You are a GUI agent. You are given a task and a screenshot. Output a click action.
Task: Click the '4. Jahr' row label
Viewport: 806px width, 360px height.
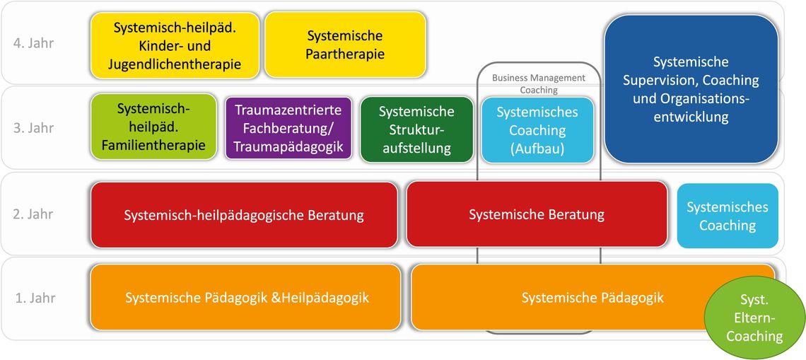pyautogui.click(x=33, y=43)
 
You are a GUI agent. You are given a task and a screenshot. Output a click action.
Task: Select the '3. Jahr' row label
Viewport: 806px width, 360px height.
pyautogui.click(x=33, y=127)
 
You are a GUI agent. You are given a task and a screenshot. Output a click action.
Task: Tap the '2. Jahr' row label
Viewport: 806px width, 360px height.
pyautogui.click(x=33, y=214)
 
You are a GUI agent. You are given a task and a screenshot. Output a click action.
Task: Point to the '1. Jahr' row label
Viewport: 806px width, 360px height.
pyautogui.click(x=33, y=298)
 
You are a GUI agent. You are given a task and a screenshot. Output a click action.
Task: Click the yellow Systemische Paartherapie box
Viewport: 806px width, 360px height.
pyautogui.click(x=346, y=45)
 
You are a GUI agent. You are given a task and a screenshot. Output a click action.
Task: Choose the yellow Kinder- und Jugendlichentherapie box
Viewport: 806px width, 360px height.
pyautogui.click(x=175, y=46)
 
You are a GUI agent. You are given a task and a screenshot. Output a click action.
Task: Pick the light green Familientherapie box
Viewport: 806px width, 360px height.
pyautogui.click(x=153, y=127)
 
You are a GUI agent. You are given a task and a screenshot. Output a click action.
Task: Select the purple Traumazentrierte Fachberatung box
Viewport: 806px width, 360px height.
pyautogui.click(x=288, y=128)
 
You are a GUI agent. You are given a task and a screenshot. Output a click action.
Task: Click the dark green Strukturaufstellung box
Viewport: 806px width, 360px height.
pyautogui.click(x=417, y=129)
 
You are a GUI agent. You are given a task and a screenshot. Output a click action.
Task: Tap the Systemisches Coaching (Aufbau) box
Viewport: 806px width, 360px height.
pyautogui.click(x=537, y=129)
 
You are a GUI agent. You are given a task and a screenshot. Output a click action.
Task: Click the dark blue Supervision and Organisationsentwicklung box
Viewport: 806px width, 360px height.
pyautogui.click(x=691, y=89)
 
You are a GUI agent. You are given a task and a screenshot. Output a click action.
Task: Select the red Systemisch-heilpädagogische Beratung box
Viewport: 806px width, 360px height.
pyautogui.click(x=244, y=214)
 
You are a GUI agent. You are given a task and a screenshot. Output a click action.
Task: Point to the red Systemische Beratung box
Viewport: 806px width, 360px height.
pyautogui.click(x=537, y=214)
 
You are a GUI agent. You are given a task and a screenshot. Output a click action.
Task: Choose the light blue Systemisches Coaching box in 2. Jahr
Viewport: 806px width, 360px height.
pyautogui.click(x=728, y=216)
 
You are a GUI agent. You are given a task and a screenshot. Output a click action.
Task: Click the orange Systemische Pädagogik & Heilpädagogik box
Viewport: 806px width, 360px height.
pyautogui.click(x=246, y=297)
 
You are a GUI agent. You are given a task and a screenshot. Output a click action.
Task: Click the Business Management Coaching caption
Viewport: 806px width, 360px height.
pyautogui.click(x=539, y=84)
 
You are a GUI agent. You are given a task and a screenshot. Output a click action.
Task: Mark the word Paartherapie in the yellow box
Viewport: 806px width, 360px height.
pyautogui.click(x=346, y=54)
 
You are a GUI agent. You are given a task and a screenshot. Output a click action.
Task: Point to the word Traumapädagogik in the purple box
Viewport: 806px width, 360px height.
pyautogui.click(x=288, y=146)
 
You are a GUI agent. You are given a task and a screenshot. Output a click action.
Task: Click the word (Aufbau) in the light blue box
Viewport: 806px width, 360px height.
pyautogui.click(x=537, y=148)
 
